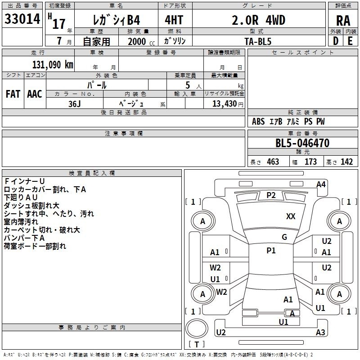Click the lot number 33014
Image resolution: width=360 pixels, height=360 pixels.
22,20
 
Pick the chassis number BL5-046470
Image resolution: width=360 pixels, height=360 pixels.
302,144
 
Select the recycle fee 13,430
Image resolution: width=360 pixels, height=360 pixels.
224,103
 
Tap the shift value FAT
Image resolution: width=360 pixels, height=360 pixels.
13,94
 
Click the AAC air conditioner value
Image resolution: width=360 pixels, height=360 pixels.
34,94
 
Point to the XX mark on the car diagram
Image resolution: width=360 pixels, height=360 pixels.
291,216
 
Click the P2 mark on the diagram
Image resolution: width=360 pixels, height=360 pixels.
271,195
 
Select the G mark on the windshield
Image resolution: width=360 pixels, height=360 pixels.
284,237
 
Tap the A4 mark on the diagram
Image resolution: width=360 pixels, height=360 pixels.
321,184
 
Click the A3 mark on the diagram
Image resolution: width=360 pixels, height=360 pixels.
320,333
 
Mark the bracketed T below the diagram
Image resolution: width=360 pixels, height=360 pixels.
197,345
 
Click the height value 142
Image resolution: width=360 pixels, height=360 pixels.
346,162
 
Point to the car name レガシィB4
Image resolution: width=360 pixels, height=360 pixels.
116,20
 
